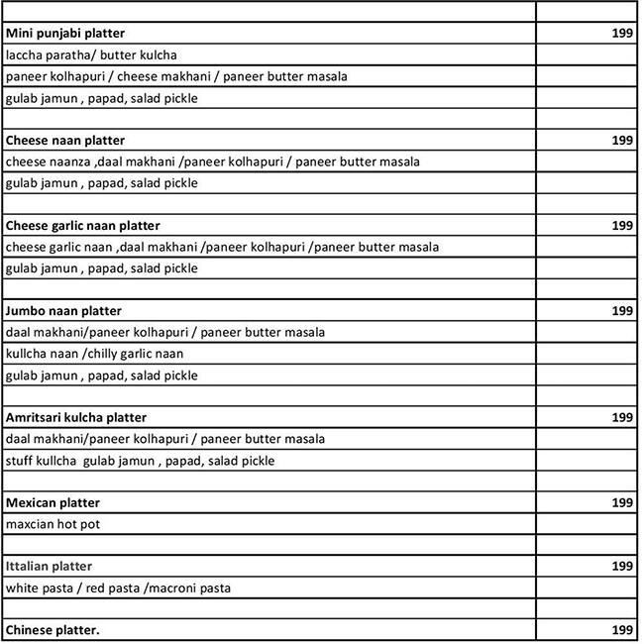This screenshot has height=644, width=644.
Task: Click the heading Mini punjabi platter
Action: pyautogui.click(x=65, y=34)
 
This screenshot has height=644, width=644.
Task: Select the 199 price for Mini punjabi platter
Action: pyautogui.click(x=622, y=34)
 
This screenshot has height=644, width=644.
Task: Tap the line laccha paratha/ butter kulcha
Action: pyautogui.click(x=91, y=55)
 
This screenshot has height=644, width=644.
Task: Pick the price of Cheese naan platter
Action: pyautogui.click(x=622, y=141)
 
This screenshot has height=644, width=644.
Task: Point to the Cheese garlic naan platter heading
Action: pyautogui.click(x=82, y=226)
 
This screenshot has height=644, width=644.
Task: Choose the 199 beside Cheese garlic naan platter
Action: pyautogui.click(x=622, y=226)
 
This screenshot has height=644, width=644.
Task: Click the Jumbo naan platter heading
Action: pyautogui.click(x=63, y=311)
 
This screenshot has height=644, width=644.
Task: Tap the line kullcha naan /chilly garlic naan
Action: pyautogui.click(x=95, y=354)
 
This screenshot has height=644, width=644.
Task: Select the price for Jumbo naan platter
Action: pyautogui.click(x=622, y=311)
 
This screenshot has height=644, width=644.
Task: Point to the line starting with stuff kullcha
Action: pyautogui.click(x=140, y=461)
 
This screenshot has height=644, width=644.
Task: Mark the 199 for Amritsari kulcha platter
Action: pyautogui.click(x=622, y=418)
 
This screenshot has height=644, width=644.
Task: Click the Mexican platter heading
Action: pyautogui.click(x=53, y=503)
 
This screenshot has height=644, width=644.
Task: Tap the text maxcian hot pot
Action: pyautogui.click(x=53, y=524)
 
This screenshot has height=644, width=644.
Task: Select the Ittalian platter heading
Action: pyautogui.click(x=49, y=567)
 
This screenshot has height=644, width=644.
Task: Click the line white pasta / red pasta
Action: pyautogui.click(x=118, y=589)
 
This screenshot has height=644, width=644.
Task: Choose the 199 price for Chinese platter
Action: pyautogui.click(x=622, y=630)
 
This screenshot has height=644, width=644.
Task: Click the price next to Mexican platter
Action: pyautogui.click(x=622, y=503)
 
